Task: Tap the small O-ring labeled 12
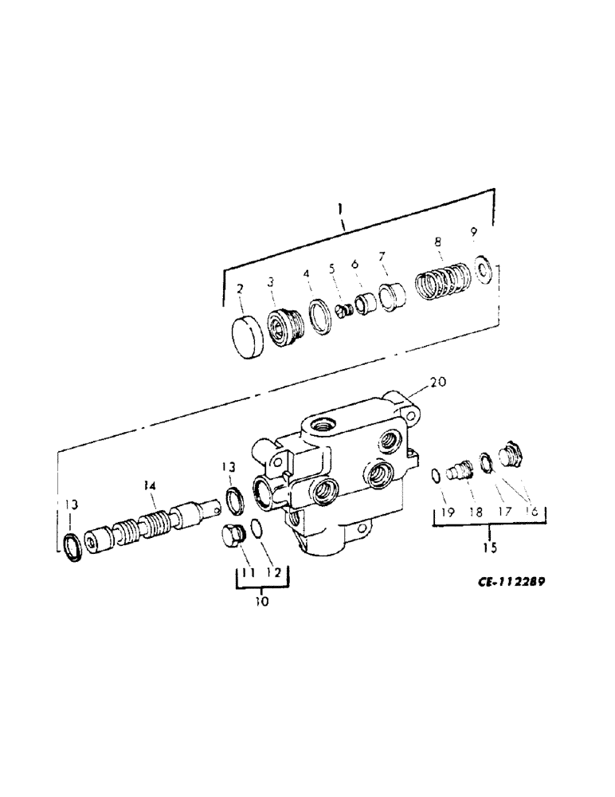[x=257, y=528]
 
